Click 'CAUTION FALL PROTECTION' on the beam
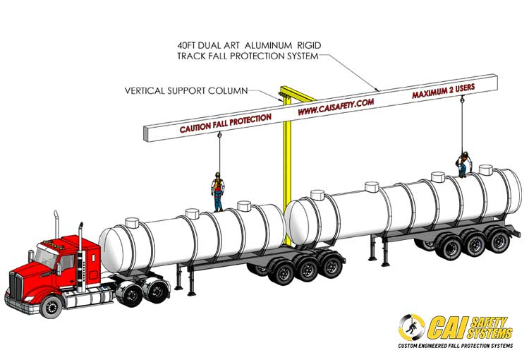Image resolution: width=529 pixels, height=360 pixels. point(225,123)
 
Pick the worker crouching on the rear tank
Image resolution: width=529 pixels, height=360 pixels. point(463,164)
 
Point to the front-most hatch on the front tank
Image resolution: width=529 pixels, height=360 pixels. point(131,222)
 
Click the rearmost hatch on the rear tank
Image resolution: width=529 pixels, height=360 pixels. point(485,169)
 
